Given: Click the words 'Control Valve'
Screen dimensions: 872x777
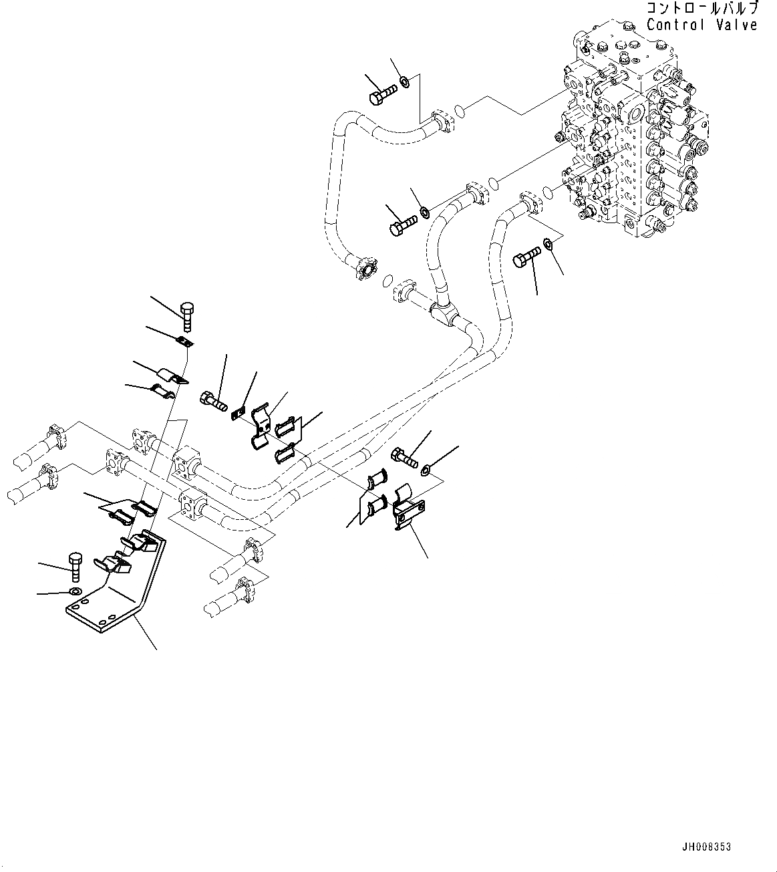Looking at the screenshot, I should (702, 25).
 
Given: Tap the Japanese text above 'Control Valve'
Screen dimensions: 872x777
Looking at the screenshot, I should (702, 9).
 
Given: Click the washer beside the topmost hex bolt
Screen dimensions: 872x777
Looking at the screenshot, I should (405, 82).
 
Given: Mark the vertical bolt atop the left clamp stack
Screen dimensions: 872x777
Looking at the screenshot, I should (188, 313).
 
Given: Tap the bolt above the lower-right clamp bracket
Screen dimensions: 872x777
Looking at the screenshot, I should (406, 458).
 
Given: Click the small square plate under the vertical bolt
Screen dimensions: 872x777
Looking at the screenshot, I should (186, 342).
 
